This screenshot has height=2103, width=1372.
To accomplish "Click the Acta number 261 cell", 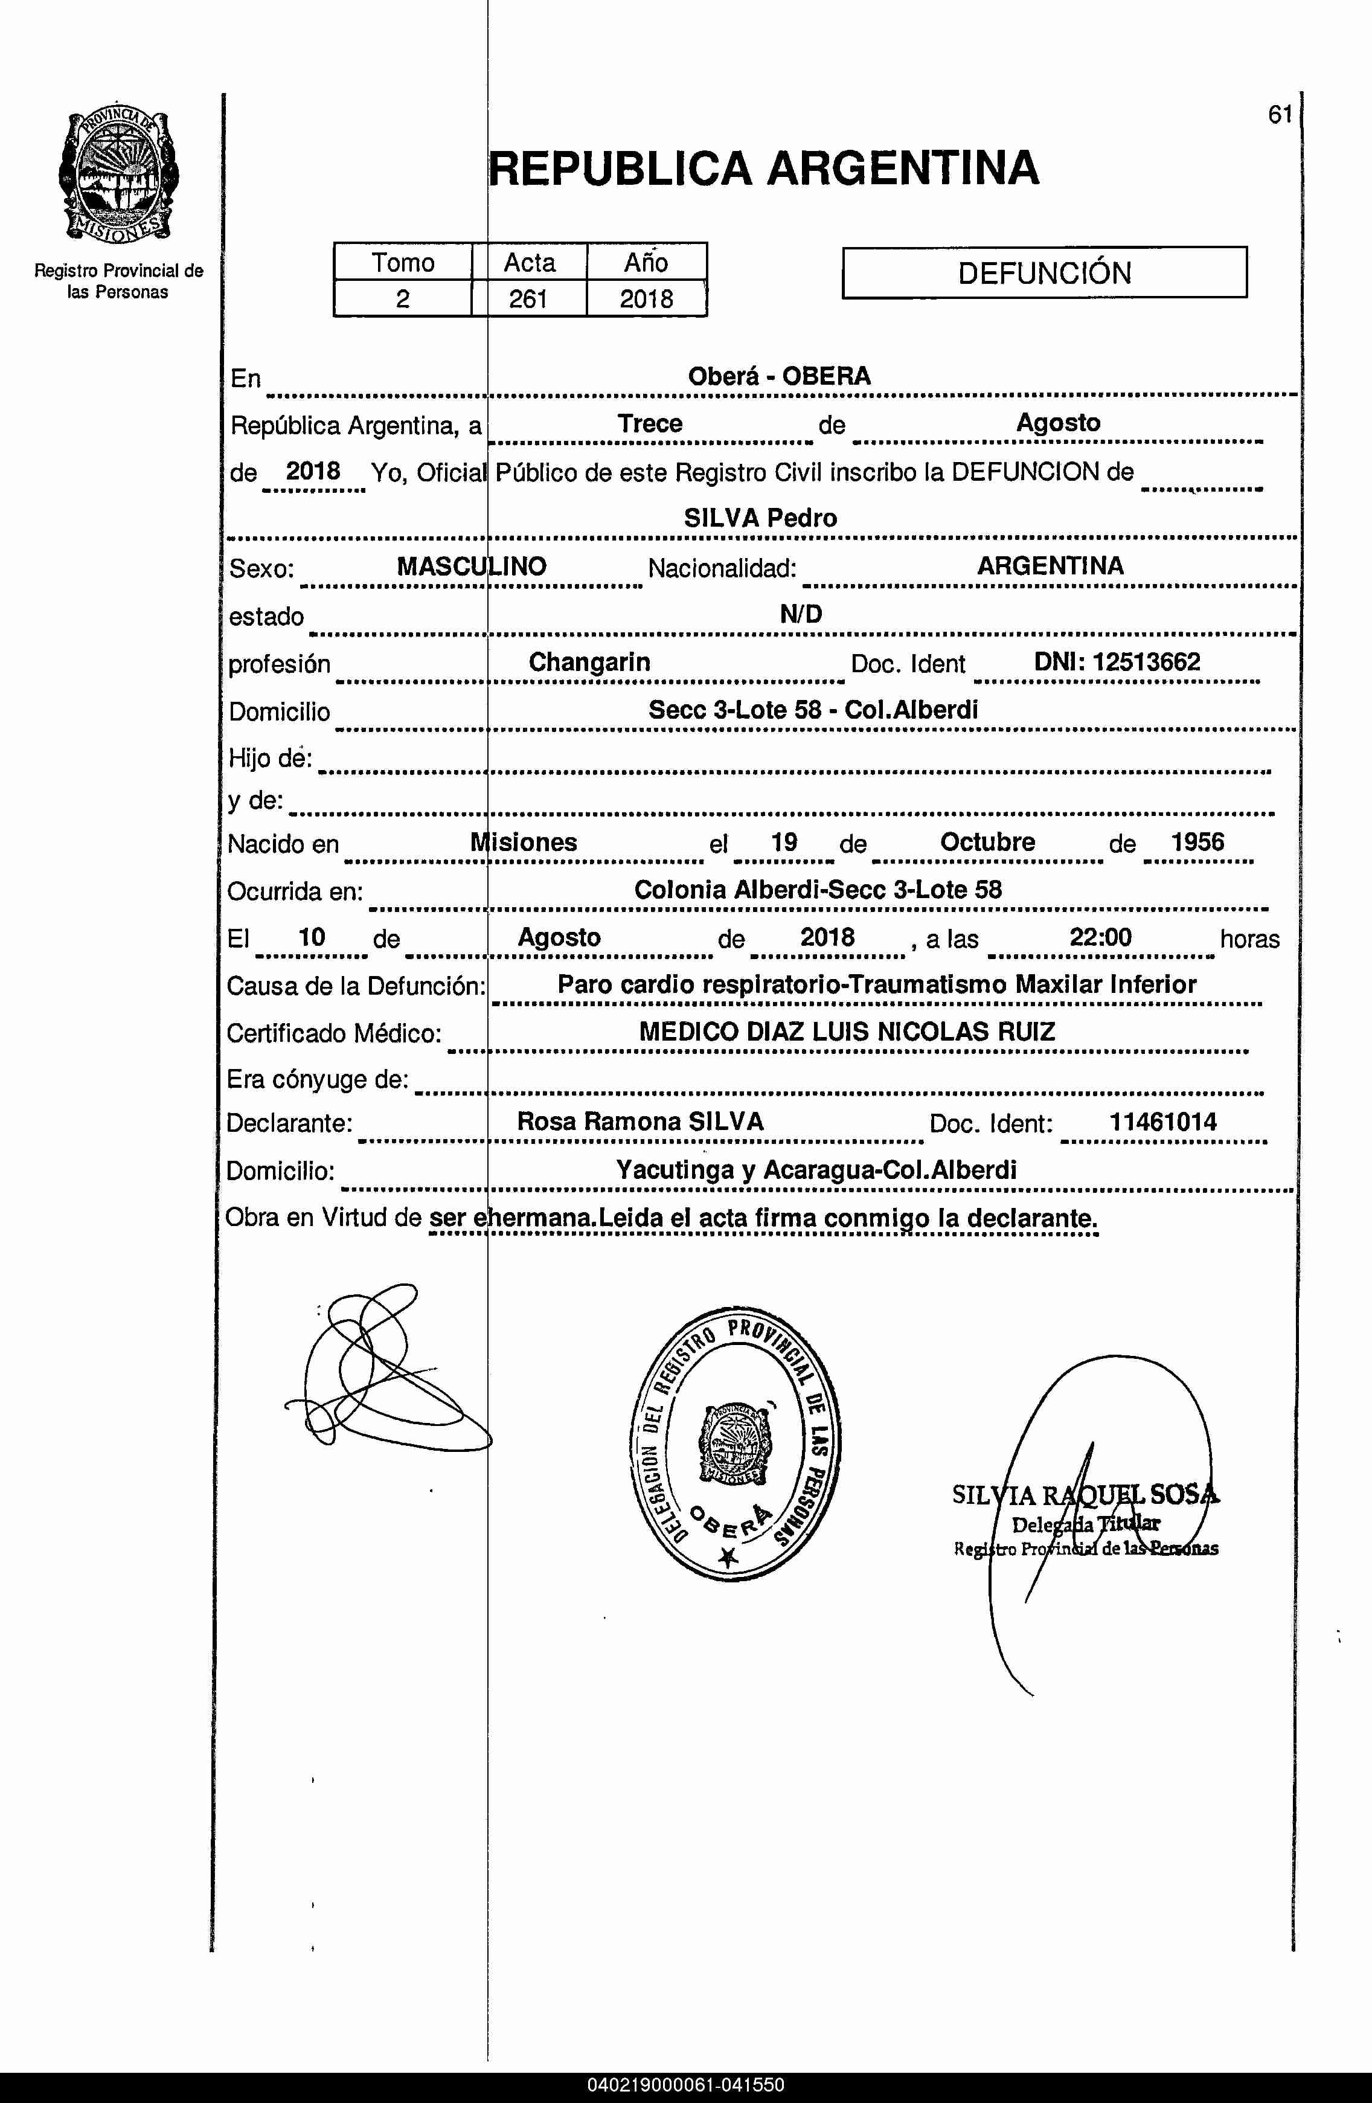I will coord(528,299).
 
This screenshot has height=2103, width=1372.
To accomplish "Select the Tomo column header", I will coord(403,263).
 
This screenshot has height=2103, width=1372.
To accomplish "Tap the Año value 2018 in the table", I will coord(646,299).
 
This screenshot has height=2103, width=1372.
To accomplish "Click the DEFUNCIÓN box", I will coord(1044,272).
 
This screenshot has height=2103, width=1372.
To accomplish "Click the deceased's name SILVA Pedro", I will coord(760,518).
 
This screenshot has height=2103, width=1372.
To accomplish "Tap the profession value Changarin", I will coord(589,662).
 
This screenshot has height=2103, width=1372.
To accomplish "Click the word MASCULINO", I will coord(471,567).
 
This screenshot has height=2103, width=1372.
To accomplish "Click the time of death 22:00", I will coord(1100,937).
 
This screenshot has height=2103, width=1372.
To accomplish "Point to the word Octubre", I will coord(987,841).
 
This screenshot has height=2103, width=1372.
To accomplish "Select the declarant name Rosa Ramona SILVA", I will coord(640,1122).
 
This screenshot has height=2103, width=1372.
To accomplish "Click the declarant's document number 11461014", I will coord(1162,1122).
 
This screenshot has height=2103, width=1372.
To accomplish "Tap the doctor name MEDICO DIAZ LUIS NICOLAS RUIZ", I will coord(847,1031).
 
